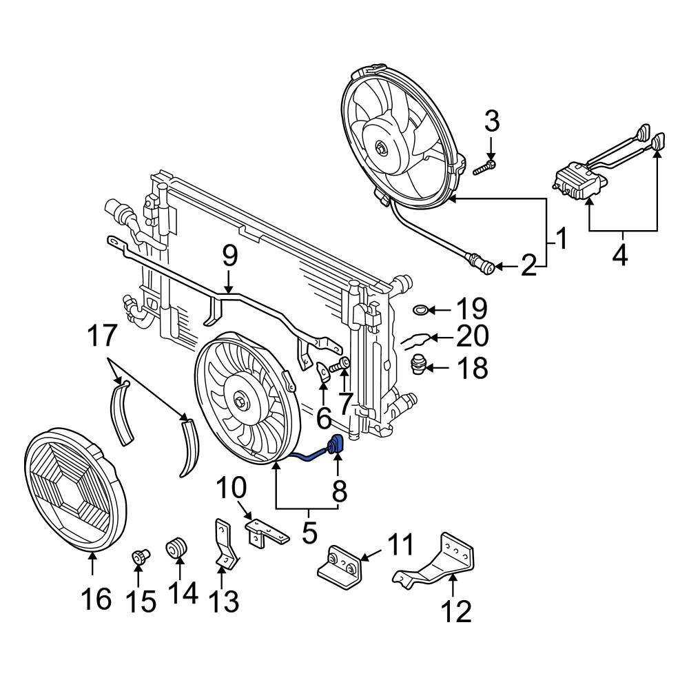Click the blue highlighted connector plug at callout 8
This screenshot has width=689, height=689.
tap(337, 446)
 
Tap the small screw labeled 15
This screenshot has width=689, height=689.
tap(140, 557)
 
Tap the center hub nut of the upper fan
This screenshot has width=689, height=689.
tap(380, 147)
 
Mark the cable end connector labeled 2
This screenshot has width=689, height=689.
tap(480, 264)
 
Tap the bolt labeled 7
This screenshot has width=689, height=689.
tap(338, 367)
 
